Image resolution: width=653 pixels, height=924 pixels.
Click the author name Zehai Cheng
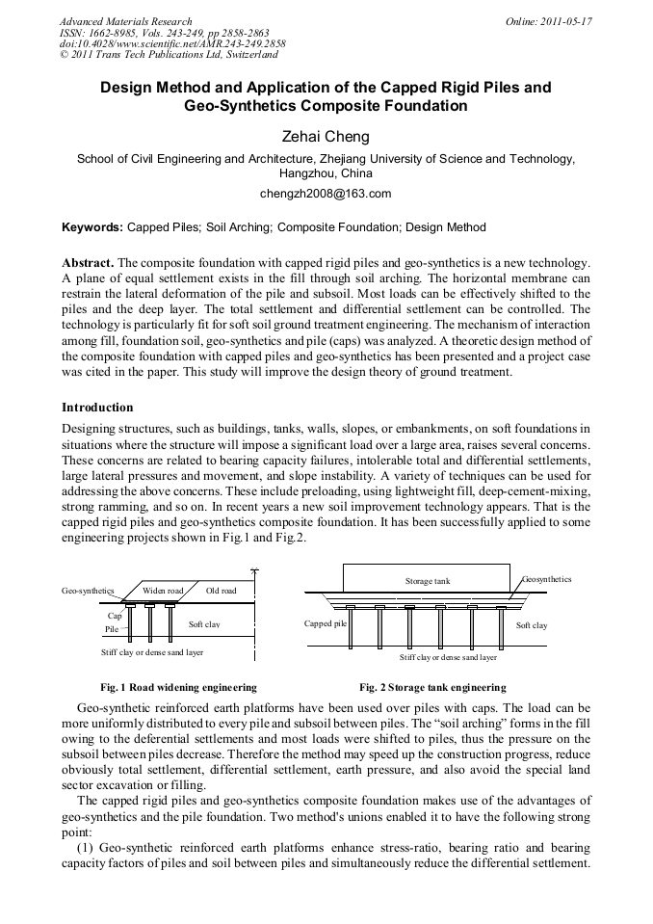pyautogui.click(x=326, y=138)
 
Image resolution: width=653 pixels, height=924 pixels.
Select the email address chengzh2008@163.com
pyautogui.click(x=326, y=194)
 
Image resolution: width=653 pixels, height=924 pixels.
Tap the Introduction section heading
pyautogui.click(x=97, y=408)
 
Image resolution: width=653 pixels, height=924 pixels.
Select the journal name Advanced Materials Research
pyautogui.click(x=125, y=21)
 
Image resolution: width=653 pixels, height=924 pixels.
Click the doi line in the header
pyautogui.click(x=172, y=43)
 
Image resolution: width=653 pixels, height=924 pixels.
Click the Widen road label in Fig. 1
pyautogui.click(x=163, y=590)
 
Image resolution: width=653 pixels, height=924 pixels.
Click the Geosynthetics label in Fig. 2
pyautogui.click(x=546, y=579)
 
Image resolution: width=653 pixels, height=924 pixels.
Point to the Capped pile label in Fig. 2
pyautogui.click(x=325, y=623)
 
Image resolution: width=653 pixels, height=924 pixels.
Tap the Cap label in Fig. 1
pyautogui.click(x=115, y=615)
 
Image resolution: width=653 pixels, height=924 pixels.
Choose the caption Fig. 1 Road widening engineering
pyautogui.click(x=178, y=687)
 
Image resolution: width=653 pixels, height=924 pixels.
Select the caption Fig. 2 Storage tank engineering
pyautogui.click(x=432, y=687)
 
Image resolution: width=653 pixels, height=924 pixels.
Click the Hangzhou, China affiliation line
pyautogui.click(x=326, y=174)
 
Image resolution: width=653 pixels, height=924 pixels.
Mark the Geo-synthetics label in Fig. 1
pyautogui.click(x=88, y=590)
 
